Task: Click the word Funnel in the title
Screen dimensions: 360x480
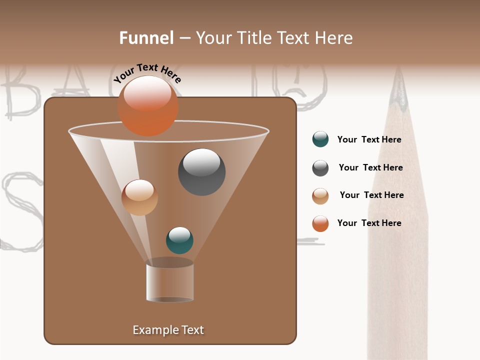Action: [x=146, y=38]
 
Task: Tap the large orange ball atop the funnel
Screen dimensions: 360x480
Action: [x=147, y=105]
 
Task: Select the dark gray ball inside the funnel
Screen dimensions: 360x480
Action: [x=201, y=172]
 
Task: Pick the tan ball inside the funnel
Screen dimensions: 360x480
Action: [x=139, y=197]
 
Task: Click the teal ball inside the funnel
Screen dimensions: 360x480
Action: [x=179, y=240]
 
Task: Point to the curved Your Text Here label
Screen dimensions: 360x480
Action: [x=147, y=73]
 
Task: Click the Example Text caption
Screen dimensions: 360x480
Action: [x=168, y=330]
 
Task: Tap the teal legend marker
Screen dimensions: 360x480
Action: [x=320, y=139]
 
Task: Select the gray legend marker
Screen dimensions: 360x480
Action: [x=320, y=168]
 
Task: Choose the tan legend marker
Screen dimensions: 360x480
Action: [x=320, y=196]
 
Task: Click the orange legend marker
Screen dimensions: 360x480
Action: [x=320, y=223]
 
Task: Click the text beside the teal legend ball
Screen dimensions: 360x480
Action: [x=369, y=140]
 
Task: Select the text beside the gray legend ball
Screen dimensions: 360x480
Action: [x=370, y=168]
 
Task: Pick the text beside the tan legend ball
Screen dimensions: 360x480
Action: [x=371, y=195]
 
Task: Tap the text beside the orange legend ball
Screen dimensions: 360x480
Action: [x=369, y=223]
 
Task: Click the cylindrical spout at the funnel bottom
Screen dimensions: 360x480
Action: [x=169, y=282]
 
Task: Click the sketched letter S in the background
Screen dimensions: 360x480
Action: [x=20, y=210]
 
